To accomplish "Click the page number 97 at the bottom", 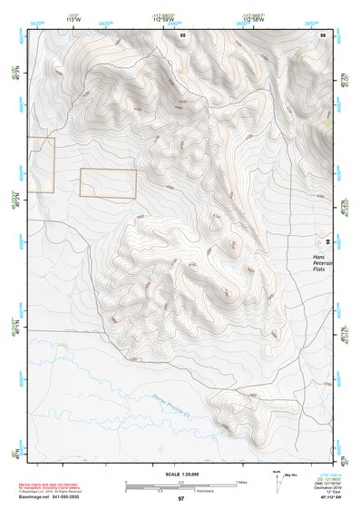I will pyautogui.click(x=180, y=498).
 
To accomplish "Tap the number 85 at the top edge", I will pyautogui.click(x=182, y=34).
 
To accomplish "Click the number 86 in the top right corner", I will pyautogui.click(x=322, y=34).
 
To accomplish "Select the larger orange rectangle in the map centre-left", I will pyautogui.click(x=108, y=183).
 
